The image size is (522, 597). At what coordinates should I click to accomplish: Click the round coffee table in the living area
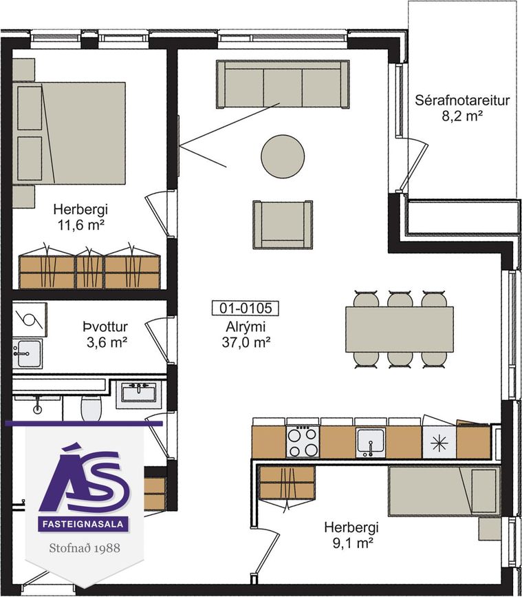click(283, 156)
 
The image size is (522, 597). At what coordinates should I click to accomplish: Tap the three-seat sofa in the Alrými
click(283, 85)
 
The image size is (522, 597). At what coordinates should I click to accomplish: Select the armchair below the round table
click(283, 224)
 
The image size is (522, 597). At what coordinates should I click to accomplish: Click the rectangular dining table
click(399, 329)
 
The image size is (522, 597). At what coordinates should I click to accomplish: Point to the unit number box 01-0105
click(246, 308)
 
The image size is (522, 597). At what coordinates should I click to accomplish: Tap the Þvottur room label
click(105, 326)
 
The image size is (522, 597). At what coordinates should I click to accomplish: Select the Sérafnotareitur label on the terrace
click(462, 101)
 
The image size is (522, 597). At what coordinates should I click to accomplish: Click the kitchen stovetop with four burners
click(303, 441)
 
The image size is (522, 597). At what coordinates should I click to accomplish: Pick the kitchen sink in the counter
click(371, 442)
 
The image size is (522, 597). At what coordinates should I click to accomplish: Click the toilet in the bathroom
click(91, 407)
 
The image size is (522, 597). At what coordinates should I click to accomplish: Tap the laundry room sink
click(27, 354)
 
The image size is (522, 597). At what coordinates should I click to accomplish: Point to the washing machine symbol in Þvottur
click(30, 320)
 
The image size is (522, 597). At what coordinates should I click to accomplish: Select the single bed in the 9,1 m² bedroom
click(444, 491)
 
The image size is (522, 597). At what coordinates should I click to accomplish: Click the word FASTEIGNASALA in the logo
click(83, 524)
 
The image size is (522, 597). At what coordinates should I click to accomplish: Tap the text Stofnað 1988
click(85, 548)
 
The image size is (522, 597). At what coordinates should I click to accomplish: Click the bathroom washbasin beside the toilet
click(138, 393)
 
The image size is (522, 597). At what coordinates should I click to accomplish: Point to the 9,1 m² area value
click(351, 543)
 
